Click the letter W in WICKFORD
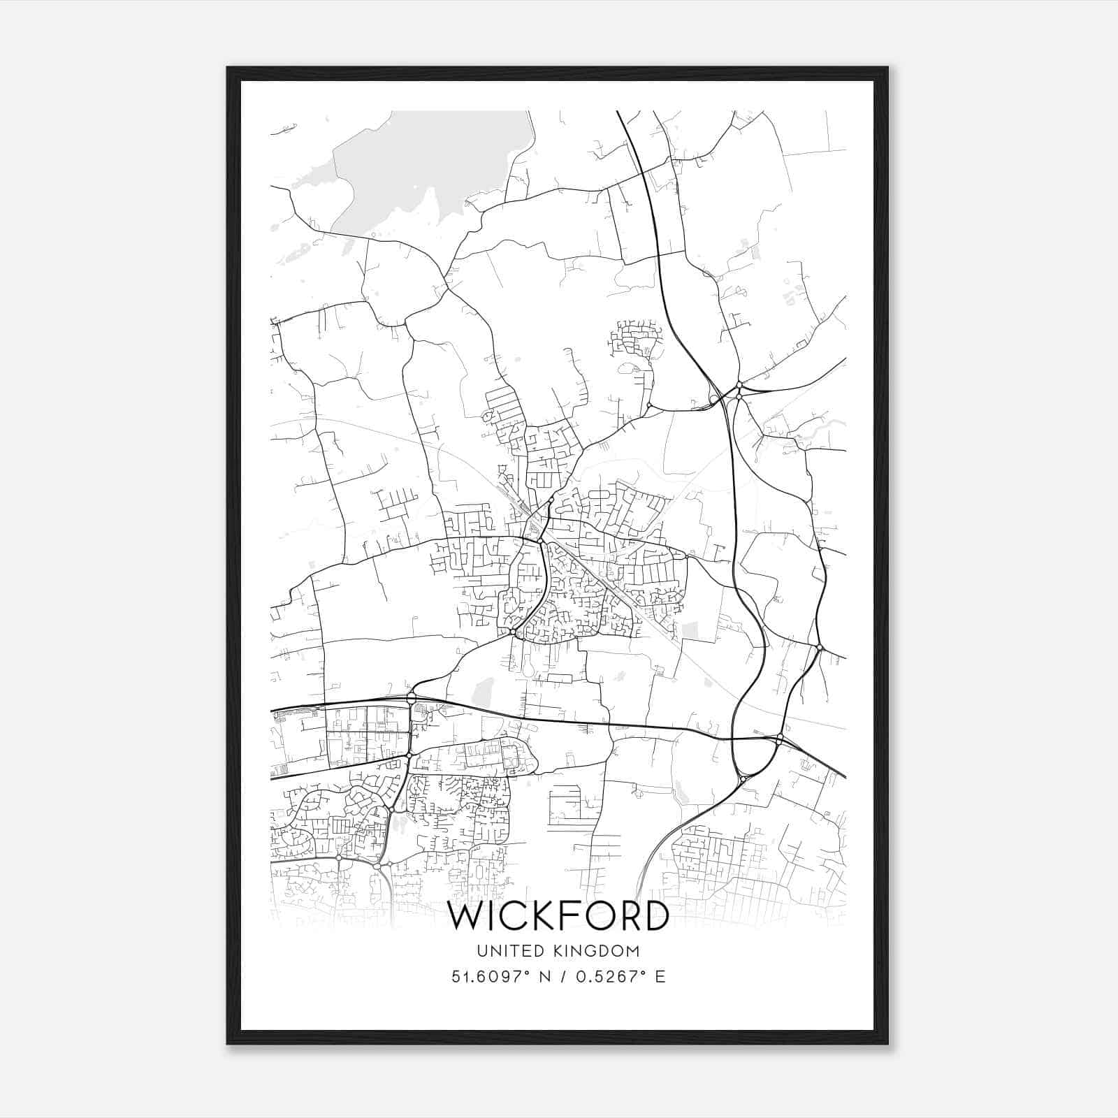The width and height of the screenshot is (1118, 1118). tap(466, 917)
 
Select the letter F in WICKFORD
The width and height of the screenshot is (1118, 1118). tap(569, 917)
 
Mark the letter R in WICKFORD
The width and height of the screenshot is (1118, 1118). tap(628, 917)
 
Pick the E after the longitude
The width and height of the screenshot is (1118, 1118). tap(660, 977)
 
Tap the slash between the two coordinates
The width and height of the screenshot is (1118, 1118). tap(558, 977)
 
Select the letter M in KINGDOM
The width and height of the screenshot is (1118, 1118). tap(633, 951)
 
